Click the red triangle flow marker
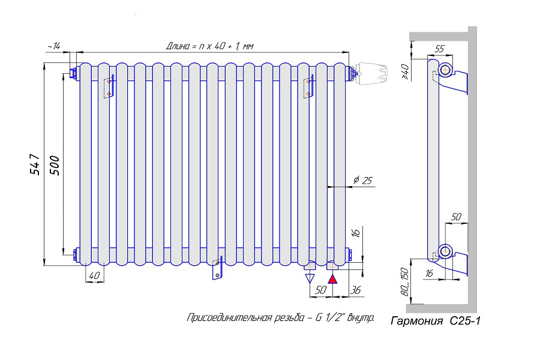pyautogui.click(x=332, y=278)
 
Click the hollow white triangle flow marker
pyautogui.click(x=310, y=278)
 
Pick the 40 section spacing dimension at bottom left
pyautogui.click(x=94, y=275)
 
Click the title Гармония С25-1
pyautogui.click(x=435, y=322)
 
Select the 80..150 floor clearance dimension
pyautogui.click(x=405, y=281)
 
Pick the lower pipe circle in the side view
pyautogui.click(x=445, y=251)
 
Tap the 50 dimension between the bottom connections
pyautogui.click(x=320, y=290)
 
